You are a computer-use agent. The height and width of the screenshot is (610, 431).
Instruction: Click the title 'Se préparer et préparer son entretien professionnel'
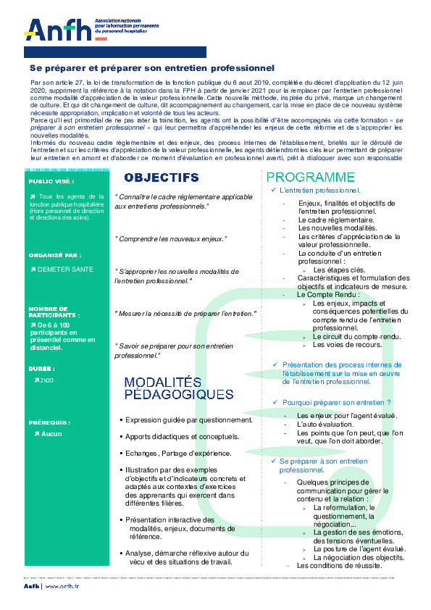pos(147,67)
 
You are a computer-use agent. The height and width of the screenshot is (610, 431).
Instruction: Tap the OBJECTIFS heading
pos(161,177)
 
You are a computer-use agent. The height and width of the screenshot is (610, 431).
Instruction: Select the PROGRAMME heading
pos(310,177)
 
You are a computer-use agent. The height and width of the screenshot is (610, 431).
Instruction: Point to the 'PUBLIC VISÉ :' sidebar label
pos(51,182)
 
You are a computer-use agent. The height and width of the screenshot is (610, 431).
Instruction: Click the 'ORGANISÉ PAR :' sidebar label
pos(55,256)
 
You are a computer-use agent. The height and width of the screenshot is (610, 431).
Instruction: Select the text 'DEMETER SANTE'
pos(69,269)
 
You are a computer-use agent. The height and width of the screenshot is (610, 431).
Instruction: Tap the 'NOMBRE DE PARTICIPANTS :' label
pos(54,312)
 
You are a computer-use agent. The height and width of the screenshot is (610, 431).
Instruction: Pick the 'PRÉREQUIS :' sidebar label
pos(49,422)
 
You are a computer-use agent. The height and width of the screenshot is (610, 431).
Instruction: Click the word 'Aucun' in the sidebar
pos(52,434)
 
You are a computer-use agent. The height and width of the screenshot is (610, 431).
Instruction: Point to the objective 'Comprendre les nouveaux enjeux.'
pos(171,238)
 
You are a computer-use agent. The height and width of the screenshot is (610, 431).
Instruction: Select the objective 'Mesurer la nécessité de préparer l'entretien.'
pos(186,313)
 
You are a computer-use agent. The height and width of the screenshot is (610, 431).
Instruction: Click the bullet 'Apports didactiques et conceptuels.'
pos(181,437)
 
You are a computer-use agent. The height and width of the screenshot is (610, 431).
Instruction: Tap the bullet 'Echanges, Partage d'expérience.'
pos(177,454)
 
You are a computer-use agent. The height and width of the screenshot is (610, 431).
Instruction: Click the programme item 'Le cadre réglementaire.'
pos(335,220)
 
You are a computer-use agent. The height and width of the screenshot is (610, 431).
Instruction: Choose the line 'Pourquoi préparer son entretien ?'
pos(336,402)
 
